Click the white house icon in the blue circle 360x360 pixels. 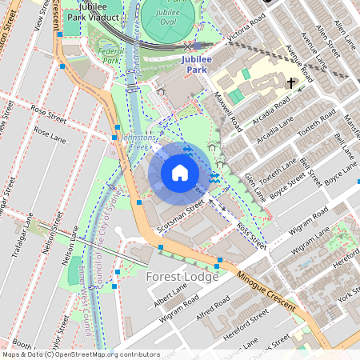point(180,173)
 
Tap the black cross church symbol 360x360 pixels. point(290,82)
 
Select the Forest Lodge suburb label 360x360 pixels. point(182,276)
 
